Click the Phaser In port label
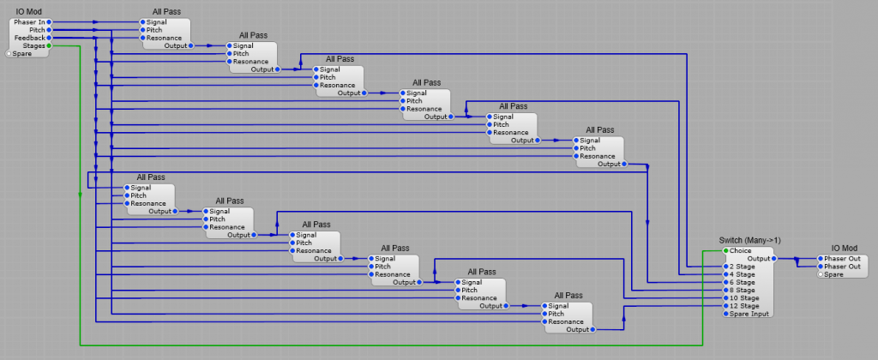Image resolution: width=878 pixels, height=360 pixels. coord(29,21)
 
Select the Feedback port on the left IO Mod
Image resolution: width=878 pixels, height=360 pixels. coord(50,38)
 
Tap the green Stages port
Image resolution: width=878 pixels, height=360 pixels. coord(50,46)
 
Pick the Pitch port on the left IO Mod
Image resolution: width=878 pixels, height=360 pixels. coord(50,30)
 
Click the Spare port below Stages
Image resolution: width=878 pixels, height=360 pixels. coord(9,54)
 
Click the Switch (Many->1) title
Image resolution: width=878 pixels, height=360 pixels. coord(749,240)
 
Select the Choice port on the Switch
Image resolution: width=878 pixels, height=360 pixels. coord(725,250)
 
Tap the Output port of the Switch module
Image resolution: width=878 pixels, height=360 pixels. coord(775,258)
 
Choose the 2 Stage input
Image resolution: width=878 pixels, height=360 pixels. coord(725,267)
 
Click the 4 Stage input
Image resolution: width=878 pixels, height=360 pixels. coord(725,274)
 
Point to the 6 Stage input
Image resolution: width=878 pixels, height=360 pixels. coord(725,282)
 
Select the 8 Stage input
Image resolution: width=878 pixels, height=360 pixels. coord(725,290)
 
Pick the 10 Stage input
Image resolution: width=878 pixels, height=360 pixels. coord(725,298)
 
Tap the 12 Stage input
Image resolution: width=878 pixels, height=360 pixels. coord(725,306)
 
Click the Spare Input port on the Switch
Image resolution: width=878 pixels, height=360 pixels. coord(725,314)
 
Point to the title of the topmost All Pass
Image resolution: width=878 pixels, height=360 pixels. coord(165,11)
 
